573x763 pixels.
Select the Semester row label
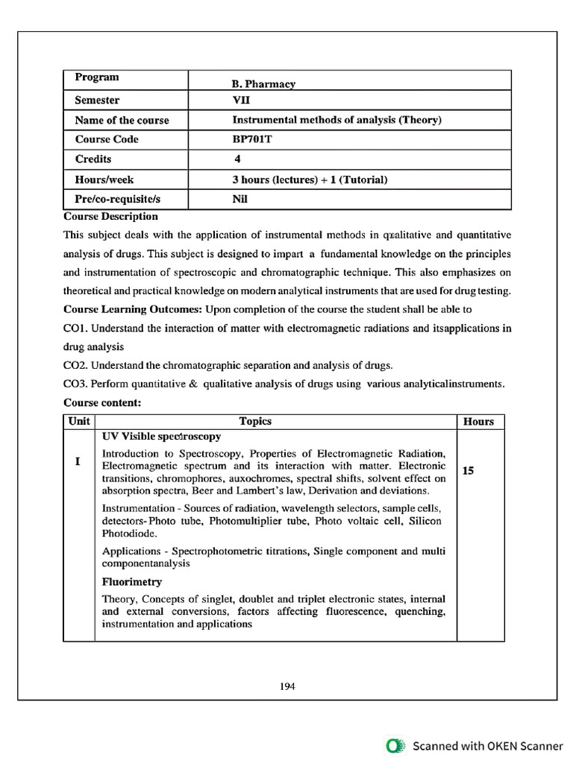(x=97, y=101)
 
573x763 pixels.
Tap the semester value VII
(x=241, y=101)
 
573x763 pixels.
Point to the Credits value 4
(x=237, y=159)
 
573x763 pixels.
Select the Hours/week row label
(x=104, y=180)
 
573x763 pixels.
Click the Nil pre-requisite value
(x=240, y=199)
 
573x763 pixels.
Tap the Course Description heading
(x=111, y=217)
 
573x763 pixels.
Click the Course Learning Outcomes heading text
(x=133, y=309)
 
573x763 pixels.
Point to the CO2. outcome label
(x=76, y=365)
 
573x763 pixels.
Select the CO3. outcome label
(x=76, y=384)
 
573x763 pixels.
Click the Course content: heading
(x=103, y=403)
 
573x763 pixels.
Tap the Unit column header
(x=79, y=422)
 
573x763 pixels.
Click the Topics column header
(x=255, y=422)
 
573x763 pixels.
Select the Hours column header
(x=478, y=422)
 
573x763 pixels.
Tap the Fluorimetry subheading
(x=132, y=582)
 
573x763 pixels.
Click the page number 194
(x=287, y=686)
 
